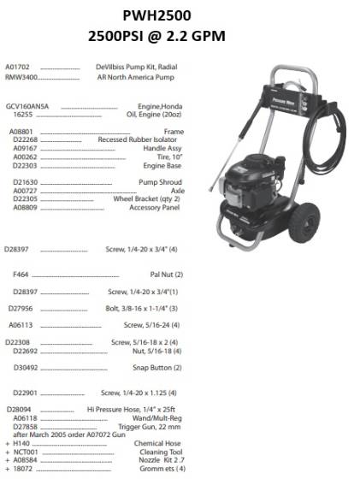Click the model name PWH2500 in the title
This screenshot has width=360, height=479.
(x=181, y=15)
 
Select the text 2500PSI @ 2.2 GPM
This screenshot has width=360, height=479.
(x=181, y=36)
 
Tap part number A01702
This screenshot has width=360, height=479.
(x=18, y=67)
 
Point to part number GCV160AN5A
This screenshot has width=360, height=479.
(x=27, y=106)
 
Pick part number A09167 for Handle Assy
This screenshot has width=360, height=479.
(x=25, y=146)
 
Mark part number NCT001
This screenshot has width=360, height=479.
(x=26, y=452)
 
